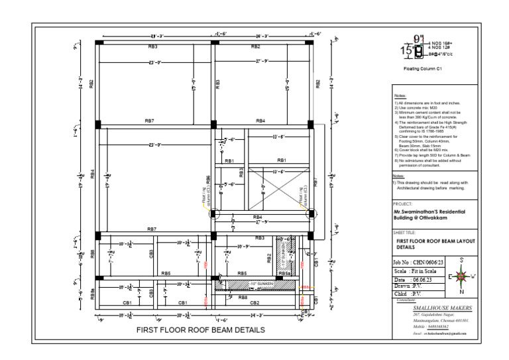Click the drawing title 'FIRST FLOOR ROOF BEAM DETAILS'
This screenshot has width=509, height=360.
pos(200,330)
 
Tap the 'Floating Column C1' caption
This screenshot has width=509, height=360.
pos(422,68)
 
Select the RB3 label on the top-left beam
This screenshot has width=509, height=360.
pos(152,47)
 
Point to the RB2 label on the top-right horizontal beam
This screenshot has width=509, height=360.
pos(255,47)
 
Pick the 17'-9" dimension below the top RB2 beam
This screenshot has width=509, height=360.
pos(260,62)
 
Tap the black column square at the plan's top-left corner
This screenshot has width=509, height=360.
pos(98,42)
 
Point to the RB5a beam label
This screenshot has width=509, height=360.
pos(284,273)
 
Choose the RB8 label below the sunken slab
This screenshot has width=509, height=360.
pos(243,297)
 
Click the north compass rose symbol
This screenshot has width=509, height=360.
pos(463,275)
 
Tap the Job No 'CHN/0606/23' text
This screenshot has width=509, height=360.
pos(422,263)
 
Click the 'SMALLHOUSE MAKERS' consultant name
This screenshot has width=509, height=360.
pos(442,308)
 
